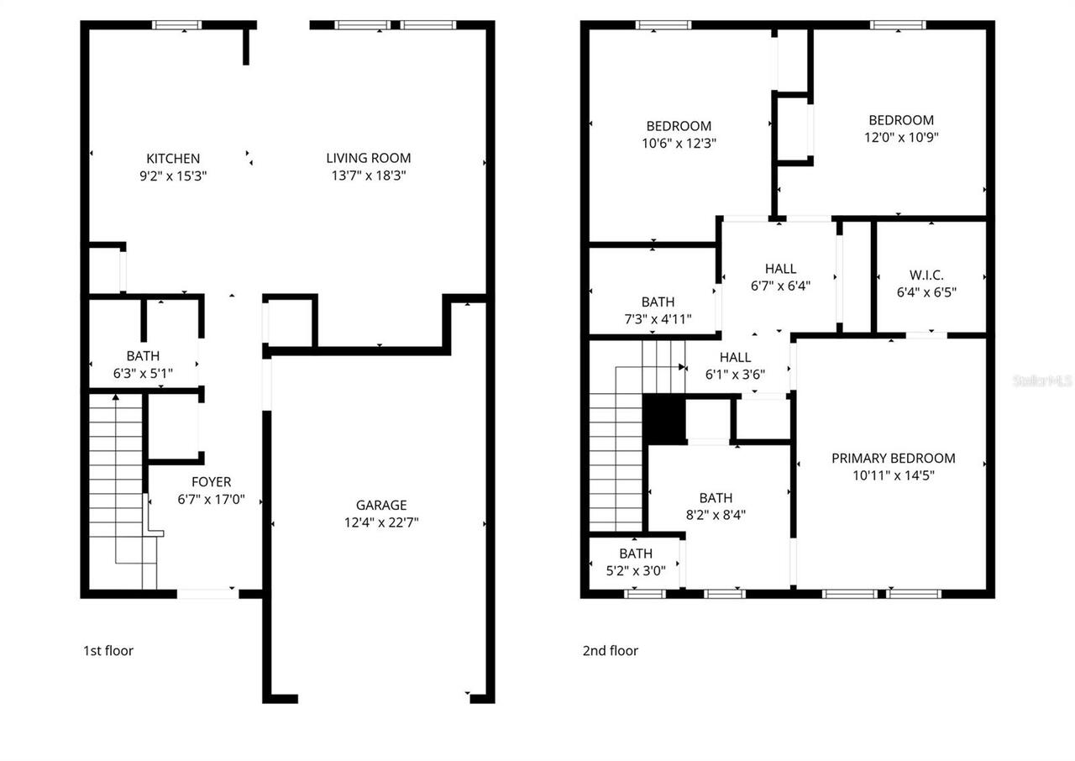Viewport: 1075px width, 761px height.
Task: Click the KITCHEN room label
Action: pyautogui.click(x=173, y=159)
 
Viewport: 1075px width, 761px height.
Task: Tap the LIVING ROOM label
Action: pyautogui.click(x=369, y=158)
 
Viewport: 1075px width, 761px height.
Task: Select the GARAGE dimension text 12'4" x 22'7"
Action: pyautogui.click(x=381, y=522)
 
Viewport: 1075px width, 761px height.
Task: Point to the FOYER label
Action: pyautogui.click(x=211, y=482)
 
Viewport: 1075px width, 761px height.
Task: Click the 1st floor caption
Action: pyautogui.click(x=107, y=651)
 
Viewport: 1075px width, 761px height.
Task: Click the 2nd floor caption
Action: pyautogui.click(x=610, y=651)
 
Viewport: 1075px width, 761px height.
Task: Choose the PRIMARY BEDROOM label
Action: pyautogui.click(x=893, y=459)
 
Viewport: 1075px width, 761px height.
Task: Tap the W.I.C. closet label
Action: pyautogui.click(x=926, y=276)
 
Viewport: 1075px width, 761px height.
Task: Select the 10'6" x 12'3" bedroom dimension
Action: pyautogui.click(x=679, y=144)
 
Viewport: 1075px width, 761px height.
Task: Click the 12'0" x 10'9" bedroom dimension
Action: pyautogui.click(x=901, y=137)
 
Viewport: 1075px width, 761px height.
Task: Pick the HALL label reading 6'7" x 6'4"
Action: pyautogui.click(x=780, y=269)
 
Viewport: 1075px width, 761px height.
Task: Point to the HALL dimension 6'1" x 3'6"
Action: pyautogui.click(x=735, y=375)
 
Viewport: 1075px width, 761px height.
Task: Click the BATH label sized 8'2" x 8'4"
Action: pyautogui.click(x=716, y=498)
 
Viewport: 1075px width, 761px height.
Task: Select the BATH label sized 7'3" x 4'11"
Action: pyautogui.click(x=658, y=302)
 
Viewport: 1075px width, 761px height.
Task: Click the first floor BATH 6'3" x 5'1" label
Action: pyautogui.click(x=143, y=356)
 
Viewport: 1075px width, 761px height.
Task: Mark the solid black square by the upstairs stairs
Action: pyautogui.click(x=664, y=418)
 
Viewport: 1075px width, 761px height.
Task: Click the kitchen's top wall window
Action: pyautogui.click(x=177, y=25)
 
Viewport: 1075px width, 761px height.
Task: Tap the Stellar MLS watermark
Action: pyautogui.click(x=1042, y=380)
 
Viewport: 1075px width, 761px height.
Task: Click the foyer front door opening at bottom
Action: pyautogui.click(x=207, y=594)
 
